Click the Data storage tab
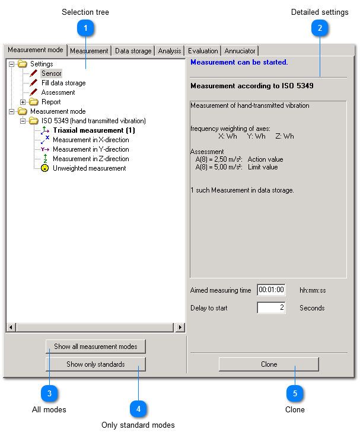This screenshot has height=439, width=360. pos(133,51)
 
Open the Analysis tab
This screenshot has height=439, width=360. pos(170,51)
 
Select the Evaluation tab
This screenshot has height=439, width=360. pos(203,51)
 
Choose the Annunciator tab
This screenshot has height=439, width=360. pos(240,51)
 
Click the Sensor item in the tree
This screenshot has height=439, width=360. pos(51,73)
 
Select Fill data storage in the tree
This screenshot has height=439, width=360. pos(63,83)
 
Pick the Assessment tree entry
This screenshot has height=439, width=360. pos(58,92)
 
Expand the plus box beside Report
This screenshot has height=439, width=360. pos(23,102)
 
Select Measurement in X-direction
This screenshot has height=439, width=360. pos(90,140)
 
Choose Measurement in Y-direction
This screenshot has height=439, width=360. pos(90,149)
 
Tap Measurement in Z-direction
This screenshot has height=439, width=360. pos(90,159)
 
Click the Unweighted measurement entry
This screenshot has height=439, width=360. pos(89,168)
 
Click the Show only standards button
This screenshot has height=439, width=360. pos(95,364)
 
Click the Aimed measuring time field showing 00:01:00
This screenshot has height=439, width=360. pos(271,290)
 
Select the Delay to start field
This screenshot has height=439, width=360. pos(271,308)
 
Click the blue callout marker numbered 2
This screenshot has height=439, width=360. pos(320,28)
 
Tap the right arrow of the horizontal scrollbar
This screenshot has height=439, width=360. pos(180,327)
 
